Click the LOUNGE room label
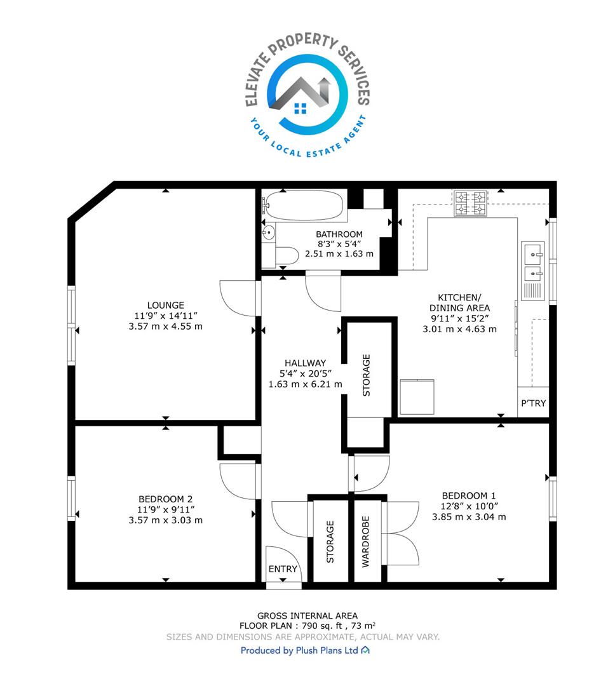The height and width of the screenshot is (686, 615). click(x=165, y=306)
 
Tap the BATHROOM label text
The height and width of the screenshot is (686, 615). click(x=339, y=234)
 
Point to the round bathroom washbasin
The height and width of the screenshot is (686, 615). click(x=268, y=232)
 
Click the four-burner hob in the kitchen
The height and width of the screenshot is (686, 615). click(x=471, y=203)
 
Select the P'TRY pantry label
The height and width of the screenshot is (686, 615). click(x=533, y=403)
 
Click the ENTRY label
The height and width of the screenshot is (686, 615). click(x=283, y=568)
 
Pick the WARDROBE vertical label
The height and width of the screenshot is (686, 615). click(x=365, y=542)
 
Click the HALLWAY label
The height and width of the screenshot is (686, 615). click(x=305, y=363)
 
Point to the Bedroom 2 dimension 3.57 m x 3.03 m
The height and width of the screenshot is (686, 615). click(x=165, y=520)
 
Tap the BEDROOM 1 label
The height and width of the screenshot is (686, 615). click(x=469, y=495)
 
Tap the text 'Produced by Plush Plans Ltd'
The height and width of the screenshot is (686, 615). click(x=299, y=650)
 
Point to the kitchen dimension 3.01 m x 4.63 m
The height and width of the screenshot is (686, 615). click(x=459, y=329)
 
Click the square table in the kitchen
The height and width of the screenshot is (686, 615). click(x=417, y=397)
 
